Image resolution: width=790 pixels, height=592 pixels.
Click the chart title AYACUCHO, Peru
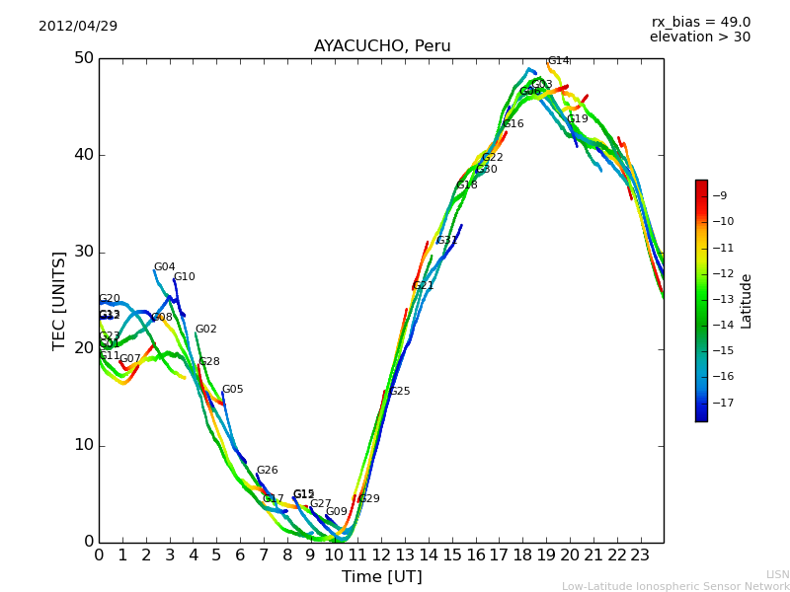382,46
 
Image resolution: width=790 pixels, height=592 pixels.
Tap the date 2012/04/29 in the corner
78,26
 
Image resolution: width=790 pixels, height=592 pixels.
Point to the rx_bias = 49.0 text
700,22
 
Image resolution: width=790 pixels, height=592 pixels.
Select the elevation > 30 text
699,37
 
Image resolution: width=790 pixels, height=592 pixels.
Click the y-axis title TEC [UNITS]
59,300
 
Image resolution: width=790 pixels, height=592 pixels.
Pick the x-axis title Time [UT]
382,577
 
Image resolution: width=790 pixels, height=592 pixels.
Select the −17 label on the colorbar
723,403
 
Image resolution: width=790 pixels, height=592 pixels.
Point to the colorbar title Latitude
747,301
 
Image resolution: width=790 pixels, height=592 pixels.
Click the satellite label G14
559,61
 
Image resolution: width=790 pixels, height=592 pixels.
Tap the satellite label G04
164,267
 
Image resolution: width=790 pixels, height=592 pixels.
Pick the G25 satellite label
399,392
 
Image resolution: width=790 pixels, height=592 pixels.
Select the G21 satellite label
424,286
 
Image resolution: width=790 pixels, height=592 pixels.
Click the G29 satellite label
368,499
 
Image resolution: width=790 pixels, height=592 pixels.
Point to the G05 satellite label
232,390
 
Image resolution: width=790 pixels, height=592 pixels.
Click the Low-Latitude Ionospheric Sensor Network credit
675,586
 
